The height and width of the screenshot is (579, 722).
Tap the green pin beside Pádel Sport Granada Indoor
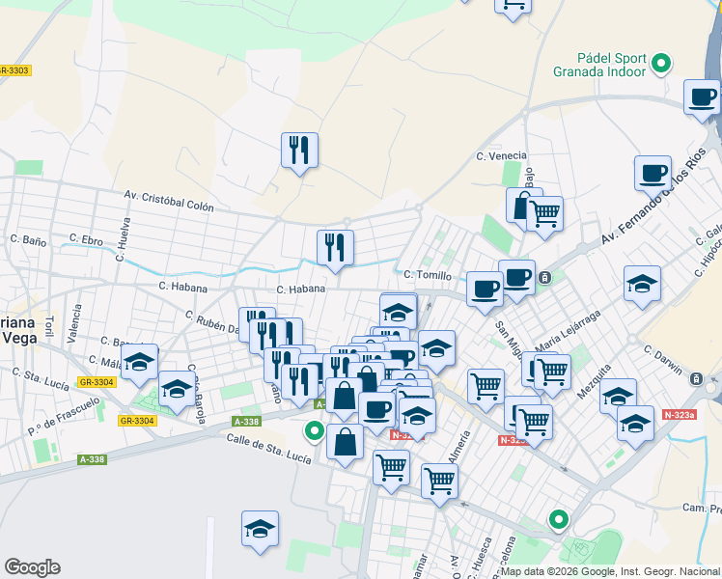point(661,65)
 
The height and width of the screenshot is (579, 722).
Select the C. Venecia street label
point(501,155)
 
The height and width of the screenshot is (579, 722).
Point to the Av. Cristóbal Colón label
point(168,200)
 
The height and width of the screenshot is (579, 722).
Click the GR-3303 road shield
point(14,70)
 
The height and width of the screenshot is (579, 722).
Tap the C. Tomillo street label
point(428,276)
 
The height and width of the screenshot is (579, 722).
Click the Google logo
point(32,566)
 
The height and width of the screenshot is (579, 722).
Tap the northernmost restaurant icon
point(299,150)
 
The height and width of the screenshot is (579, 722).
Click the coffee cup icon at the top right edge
point(702,96)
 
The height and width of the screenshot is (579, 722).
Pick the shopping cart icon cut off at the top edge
point(513,5)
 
